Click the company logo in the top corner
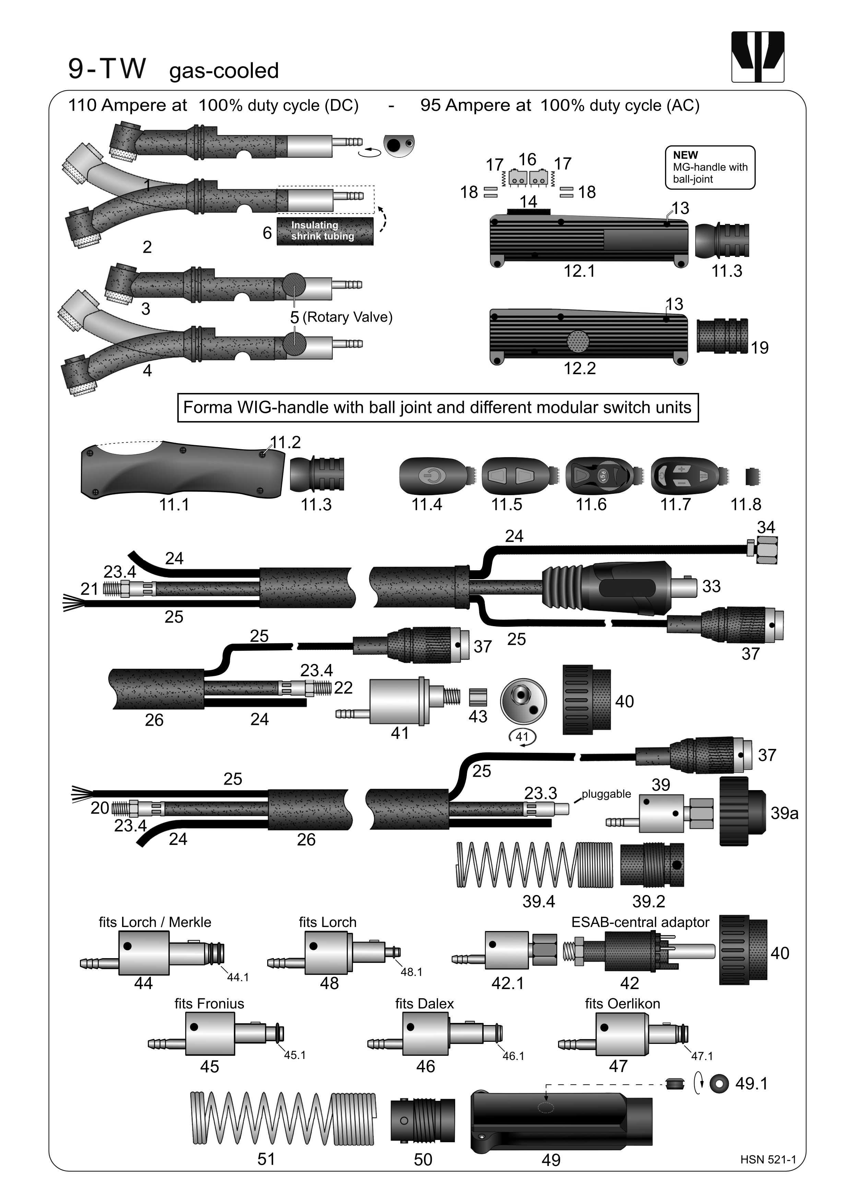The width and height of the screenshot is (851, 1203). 757,57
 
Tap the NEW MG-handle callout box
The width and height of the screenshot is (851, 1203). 710,167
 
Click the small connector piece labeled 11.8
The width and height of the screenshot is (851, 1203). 752,477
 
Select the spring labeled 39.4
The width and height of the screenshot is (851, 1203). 534,865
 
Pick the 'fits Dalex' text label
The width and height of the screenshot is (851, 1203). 424,1003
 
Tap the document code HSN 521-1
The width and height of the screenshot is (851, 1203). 768,1159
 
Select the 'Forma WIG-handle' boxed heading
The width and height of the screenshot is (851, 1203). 438,407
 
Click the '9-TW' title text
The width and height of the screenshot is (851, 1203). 107,69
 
